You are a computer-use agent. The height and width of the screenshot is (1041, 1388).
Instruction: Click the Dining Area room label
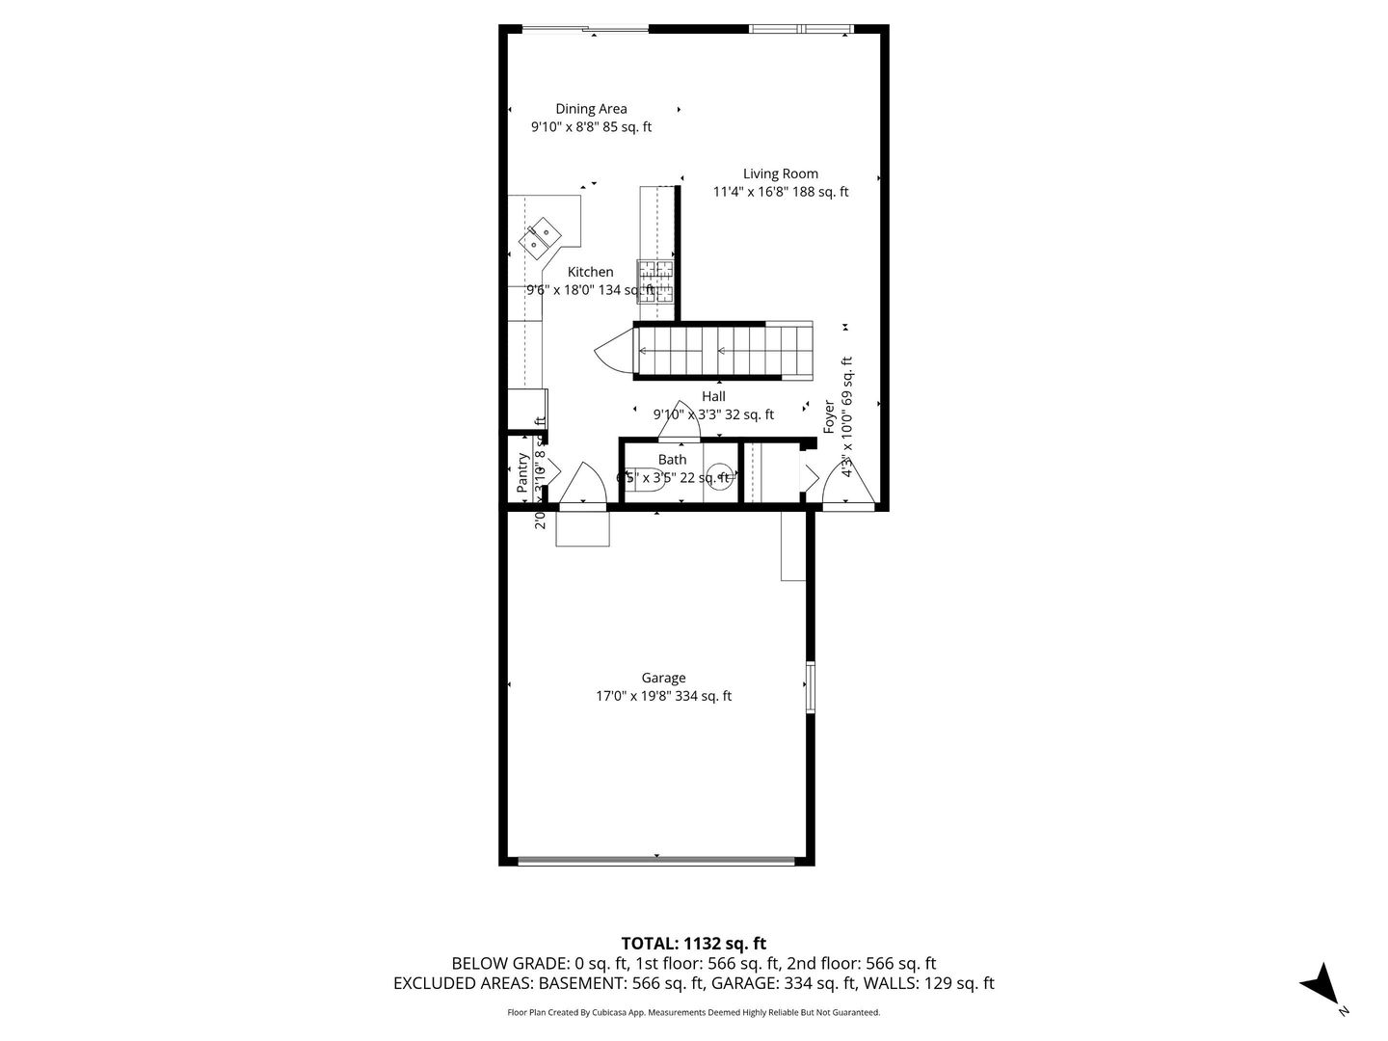click(591, 109)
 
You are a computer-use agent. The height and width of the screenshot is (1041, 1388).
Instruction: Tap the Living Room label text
click(780, 173)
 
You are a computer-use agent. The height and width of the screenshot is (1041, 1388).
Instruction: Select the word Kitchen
click(590, 272)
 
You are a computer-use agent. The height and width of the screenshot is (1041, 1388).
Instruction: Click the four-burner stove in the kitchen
click(656, 281)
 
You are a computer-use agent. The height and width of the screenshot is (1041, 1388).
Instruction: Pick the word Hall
click(713, 396)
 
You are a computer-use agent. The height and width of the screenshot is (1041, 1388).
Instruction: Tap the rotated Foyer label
click(829, 416)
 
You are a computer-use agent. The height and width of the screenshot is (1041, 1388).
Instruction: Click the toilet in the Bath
click(645, 479)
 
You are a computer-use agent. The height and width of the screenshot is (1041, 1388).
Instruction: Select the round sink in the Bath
click(719, 476)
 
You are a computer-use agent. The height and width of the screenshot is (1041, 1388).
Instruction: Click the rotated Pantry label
click(522, 472)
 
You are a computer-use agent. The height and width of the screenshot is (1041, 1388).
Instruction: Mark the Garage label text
click(663, 678)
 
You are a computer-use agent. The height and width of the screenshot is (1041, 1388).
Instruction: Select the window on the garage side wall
click(810, 686)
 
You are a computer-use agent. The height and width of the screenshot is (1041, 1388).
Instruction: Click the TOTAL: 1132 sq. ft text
click(693, 943)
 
